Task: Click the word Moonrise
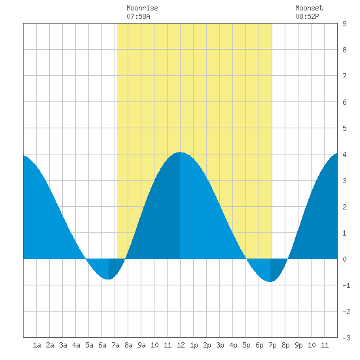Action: [x=142, y=8]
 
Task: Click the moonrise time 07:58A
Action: [x=138, y=16]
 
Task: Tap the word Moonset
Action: [x=309, y=8]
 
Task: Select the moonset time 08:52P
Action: [x=307, y=16]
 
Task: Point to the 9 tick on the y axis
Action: [x=344, y=24]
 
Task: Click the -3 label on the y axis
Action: [x=346, y=338]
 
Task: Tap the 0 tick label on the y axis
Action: [x=344, y=259]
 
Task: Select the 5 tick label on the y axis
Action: [x=344, y=128]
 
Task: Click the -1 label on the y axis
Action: [x=346, y=285]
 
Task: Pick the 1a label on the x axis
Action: [x=37, y=345]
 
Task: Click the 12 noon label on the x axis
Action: [x=181, y=345]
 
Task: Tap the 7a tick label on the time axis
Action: [x=115, y=345]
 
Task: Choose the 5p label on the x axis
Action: [x=246, y=345]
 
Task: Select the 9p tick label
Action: [x=298, y=345]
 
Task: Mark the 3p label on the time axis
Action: [x=220, y=345]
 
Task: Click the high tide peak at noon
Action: [x=180, y=152]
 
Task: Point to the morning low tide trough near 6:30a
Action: [x=109, y=279]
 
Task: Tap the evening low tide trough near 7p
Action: [x=270, y=281]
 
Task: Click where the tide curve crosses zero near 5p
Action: [x=246, y=259]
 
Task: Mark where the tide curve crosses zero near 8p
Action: [x=288, y=259]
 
